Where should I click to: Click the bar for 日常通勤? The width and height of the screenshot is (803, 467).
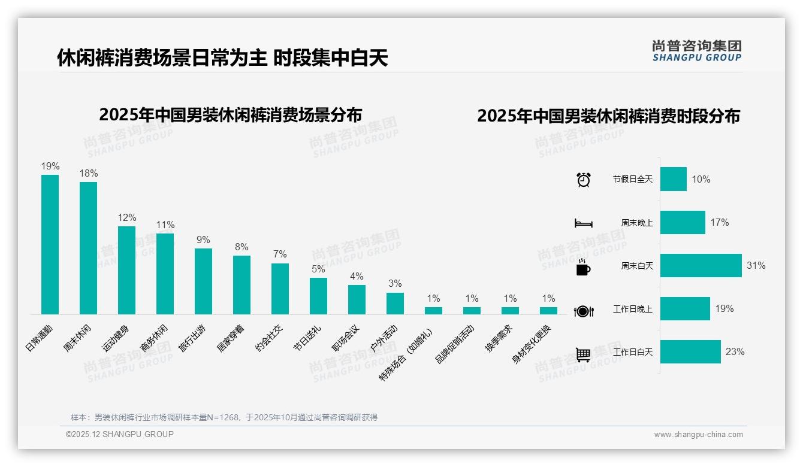[50, 244]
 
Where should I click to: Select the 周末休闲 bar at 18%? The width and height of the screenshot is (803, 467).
[88, 248]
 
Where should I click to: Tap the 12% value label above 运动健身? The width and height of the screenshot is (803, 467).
[126, 218]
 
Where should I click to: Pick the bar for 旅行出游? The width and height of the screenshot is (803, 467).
[203, 281]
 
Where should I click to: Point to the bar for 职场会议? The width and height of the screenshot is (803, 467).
[357, 299]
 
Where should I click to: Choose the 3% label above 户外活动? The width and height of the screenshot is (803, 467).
[395, 284]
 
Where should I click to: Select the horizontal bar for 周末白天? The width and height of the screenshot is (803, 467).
[701, 265]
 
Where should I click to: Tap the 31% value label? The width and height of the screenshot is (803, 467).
[756, 265]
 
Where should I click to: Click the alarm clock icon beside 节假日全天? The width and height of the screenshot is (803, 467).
[583, 180]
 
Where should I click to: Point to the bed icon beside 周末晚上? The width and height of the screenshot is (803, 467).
[583, 223]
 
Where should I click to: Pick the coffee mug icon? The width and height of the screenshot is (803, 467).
[583, 267]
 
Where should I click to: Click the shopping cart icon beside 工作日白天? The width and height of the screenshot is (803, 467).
[583, 354]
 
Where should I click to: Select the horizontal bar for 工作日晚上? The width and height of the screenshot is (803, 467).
[685, 309]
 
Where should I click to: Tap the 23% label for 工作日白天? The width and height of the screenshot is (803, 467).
[735, 352]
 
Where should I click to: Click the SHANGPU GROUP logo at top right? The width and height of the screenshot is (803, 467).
[696, 51]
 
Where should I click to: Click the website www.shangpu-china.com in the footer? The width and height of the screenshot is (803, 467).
[698, 435]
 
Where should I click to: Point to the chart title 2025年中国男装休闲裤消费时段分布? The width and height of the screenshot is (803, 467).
[608, 116]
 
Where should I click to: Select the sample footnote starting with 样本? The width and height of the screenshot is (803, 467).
[224, 417]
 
